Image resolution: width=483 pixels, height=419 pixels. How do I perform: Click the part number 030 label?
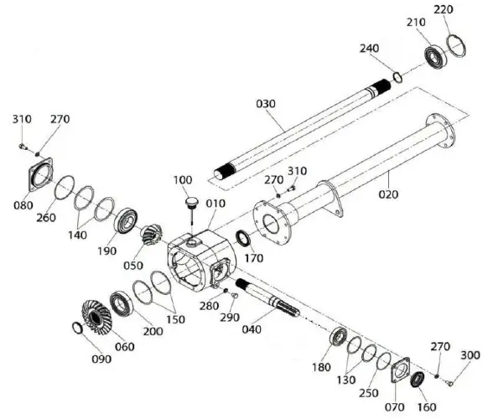(266, 103)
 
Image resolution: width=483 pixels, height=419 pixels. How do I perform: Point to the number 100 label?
(182, 180)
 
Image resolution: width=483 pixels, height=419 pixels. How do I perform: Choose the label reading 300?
(470, 355)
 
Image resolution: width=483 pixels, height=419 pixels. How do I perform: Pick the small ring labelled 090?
(77, 327)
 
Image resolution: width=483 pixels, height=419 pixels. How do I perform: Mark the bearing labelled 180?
(340, 337)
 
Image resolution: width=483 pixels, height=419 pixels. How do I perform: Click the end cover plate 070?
(400, 370)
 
